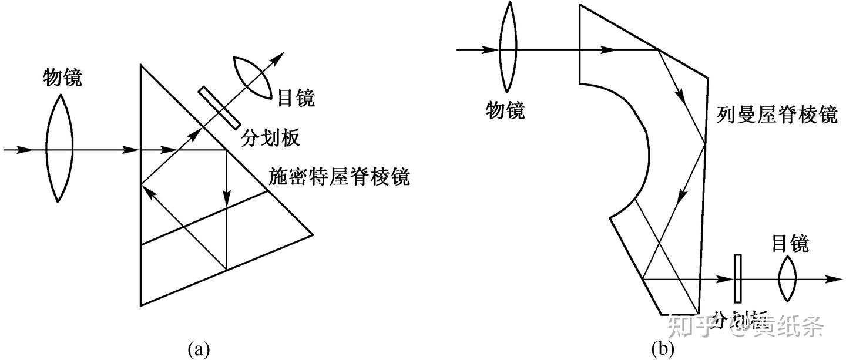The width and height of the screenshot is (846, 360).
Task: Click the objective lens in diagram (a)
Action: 59,150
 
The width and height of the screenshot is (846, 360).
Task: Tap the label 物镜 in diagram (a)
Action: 63,78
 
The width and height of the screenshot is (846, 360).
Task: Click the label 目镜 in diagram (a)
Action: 296,97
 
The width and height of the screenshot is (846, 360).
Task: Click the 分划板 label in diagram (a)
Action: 270,138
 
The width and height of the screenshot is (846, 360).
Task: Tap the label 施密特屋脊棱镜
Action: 339,177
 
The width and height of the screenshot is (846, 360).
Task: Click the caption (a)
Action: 198,350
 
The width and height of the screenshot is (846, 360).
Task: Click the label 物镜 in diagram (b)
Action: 505,110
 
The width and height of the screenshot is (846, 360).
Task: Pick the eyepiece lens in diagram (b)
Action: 787,280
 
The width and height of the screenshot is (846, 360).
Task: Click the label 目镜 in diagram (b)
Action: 790,243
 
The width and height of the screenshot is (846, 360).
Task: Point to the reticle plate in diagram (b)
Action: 737,280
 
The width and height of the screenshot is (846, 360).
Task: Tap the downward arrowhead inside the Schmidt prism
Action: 227,200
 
